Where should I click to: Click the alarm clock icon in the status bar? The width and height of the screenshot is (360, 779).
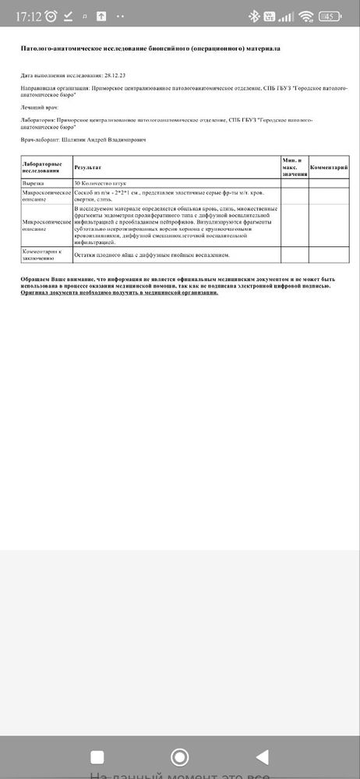51,16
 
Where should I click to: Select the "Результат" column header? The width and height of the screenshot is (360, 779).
88,167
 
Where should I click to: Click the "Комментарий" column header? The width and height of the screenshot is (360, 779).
329,167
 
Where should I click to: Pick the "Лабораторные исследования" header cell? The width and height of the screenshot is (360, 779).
46,167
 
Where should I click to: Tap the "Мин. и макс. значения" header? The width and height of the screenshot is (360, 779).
295,167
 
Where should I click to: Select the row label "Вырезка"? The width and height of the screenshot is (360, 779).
34,182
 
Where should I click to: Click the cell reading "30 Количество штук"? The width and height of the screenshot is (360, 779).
99,182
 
